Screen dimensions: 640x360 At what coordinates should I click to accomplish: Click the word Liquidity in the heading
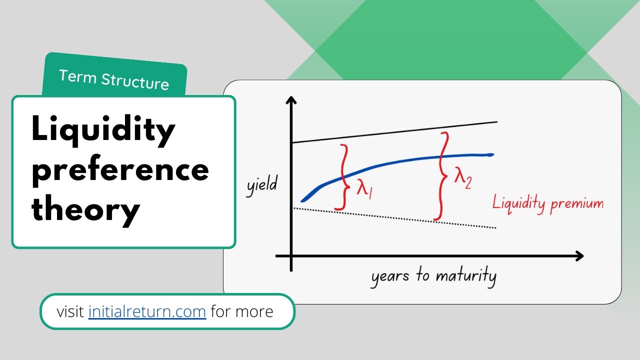(103, 130)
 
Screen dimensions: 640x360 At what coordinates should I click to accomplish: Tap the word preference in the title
(120, 170)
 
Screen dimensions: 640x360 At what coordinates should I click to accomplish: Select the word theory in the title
(85, 210)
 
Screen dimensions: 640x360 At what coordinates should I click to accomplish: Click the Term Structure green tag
(114, 75)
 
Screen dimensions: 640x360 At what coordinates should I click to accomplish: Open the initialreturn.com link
(147, 311)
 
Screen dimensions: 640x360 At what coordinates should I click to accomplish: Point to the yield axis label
(261, 185)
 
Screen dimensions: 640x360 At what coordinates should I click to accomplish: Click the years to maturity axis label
(433, 276)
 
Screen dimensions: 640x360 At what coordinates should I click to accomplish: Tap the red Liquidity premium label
(548, 203)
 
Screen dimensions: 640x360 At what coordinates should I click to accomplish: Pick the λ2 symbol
(463, 178)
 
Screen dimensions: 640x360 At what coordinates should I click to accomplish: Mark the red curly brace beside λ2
(442, 175)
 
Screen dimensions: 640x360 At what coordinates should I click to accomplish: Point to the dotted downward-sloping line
(395, 218)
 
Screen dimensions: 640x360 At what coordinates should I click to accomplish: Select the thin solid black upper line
(395, 132)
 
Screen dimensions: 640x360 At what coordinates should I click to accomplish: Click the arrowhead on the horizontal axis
(579, 256)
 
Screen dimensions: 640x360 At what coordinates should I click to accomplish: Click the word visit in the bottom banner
(70, 311)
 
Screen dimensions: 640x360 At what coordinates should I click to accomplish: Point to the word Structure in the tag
(135, 81)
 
